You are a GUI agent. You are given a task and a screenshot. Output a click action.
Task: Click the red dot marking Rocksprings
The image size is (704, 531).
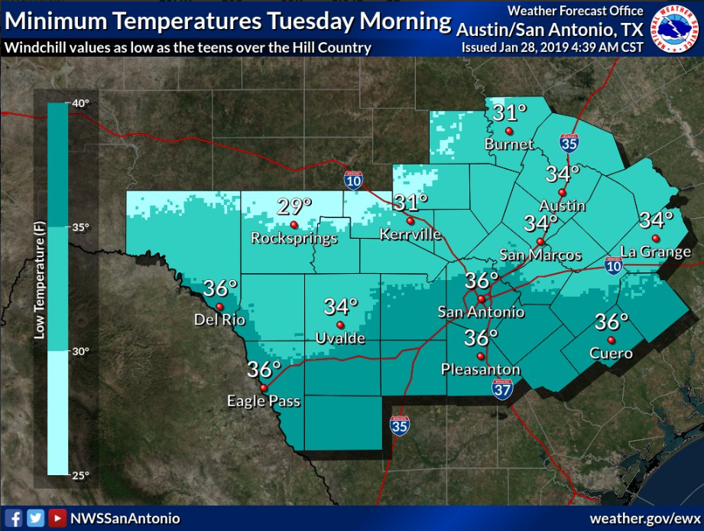[294, 224]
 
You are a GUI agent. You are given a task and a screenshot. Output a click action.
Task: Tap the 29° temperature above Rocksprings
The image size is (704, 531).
[294, 206]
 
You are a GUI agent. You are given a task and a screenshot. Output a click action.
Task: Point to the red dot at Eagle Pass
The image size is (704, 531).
[264, 388]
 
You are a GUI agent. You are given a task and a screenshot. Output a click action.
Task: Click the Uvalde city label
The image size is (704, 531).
[340, 338]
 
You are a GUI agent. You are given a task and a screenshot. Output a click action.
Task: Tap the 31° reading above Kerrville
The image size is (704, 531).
[410, 203]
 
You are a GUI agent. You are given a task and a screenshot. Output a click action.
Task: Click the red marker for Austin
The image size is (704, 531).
[561, 192]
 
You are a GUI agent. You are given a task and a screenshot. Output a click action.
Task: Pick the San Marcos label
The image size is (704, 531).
[540, 255]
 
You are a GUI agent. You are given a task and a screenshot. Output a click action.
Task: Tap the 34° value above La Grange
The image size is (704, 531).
[656, 220]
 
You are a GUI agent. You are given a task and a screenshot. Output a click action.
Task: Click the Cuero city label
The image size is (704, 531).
[611, 353]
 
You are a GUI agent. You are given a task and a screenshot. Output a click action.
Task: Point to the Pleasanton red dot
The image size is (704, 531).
[481, 356]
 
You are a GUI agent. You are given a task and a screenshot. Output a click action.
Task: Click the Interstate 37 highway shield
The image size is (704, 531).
[502, 391]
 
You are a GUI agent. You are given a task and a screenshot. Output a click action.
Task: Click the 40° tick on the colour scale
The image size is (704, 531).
[81, 103]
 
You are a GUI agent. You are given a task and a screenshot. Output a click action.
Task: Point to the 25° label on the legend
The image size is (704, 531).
[81, 475]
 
